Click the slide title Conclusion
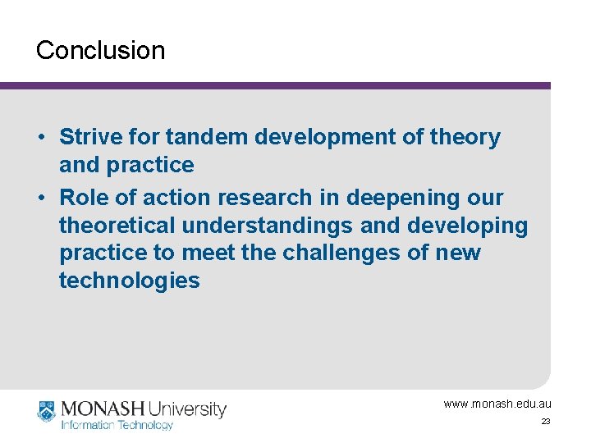tap(100, 50)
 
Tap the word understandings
tap(267, 226)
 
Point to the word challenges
tap(346, 253)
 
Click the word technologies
tap(129, 281)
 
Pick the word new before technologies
tap(458, 253)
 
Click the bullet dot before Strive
tap(41, 137)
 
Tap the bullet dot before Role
tap(41, 198)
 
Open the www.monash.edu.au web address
tap(497, 404)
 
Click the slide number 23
tap(546, 422)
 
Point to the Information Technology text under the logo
tap(117, 425)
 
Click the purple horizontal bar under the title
tap(275, 85)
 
